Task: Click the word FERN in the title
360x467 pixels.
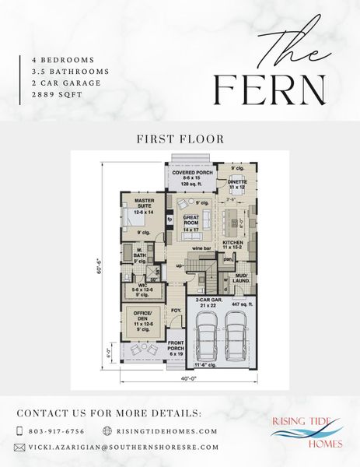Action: [x=270, y=90]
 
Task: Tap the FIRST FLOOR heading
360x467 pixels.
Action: [x=180, y=139]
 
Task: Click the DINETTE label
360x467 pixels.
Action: [x=237, y=184]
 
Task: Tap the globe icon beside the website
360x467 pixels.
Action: [x=108, y=430]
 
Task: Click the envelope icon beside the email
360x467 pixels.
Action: [x=20, y=448]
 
